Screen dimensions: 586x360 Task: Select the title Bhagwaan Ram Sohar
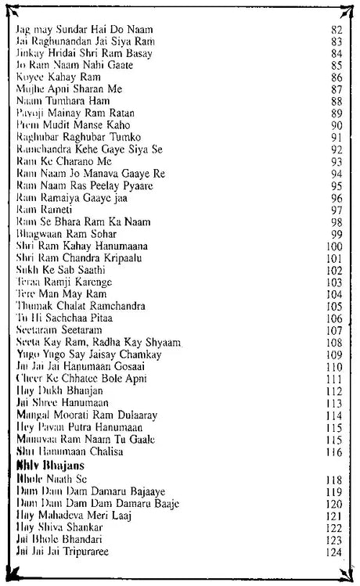click(x=67, y=234)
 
